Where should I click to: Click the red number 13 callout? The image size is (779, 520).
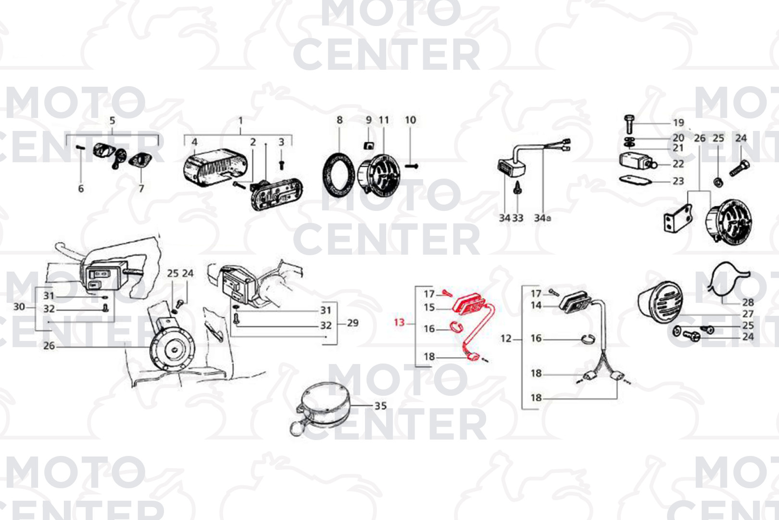pos(399,323)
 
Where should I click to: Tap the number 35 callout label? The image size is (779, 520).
pos(380,406)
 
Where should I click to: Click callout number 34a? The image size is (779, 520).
pos(542,218)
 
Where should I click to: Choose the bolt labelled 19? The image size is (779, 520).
pos(629,124)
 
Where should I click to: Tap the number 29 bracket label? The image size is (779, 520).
pos(352,323)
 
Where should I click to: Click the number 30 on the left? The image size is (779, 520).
pos(19,307)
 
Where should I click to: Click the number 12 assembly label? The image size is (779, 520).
pos(506,338)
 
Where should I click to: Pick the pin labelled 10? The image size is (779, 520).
pos(412,166)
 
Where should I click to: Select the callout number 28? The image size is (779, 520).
pos(748,302)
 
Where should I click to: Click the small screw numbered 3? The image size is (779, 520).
pos(282,165)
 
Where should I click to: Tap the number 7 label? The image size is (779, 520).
pos(141,189)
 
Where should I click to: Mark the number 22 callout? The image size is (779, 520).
pos(678,164)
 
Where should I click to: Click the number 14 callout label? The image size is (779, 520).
pos(536,305)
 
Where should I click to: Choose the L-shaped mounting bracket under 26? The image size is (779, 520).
pos(678,219)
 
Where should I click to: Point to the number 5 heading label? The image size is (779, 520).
pos(112,121)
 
